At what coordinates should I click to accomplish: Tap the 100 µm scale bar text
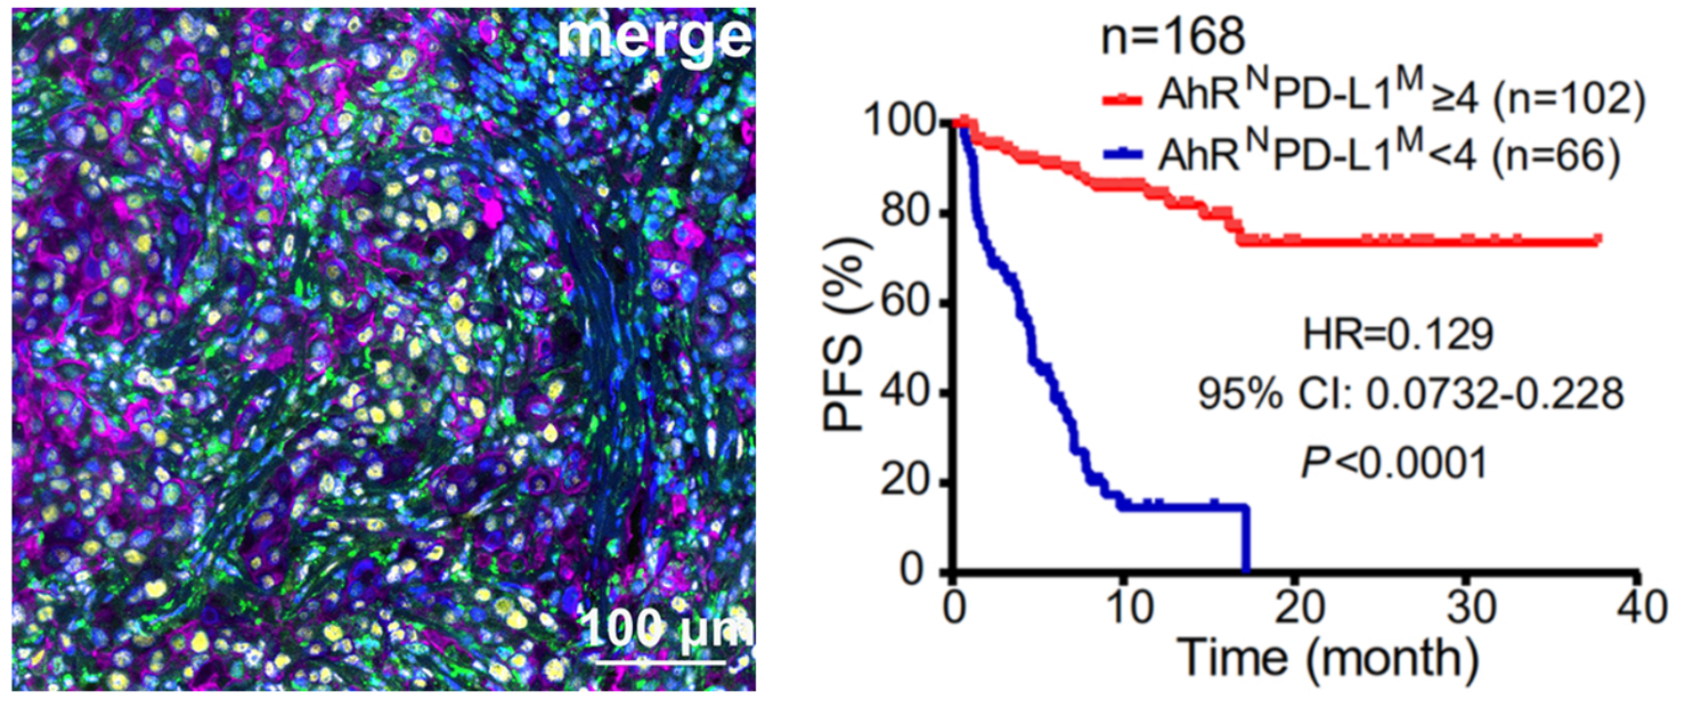click(x=666, y=627)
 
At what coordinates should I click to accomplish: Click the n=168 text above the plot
click(x=1173, y=36)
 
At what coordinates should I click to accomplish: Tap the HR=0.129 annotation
click(x=1398, y=335)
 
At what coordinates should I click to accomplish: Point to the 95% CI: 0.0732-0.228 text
click(x=1410, y=394)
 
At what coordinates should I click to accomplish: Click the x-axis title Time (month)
click(x=1328, y=658)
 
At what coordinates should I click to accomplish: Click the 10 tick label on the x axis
click(x=1129, y=608)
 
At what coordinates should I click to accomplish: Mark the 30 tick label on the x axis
click(x=1471, y=608)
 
